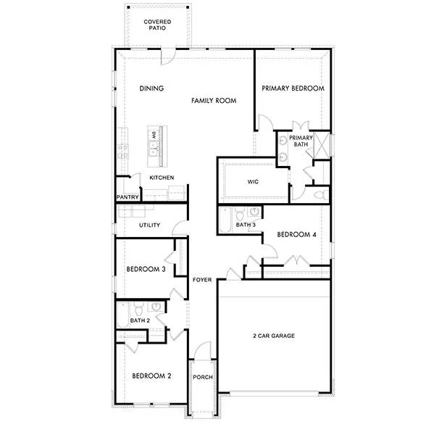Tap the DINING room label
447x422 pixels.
[x=151, y=88]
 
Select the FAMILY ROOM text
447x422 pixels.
[x=214, y=101]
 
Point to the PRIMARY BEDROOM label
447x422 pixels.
[x=292, y=88]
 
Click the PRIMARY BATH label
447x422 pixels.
[x=301, y=141]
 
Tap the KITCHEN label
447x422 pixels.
[x=161, y=178]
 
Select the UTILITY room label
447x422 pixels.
[x=149, y=225]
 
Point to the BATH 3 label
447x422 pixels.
[x=246, y=225]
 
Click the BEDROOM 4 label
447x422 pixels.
[x=296, y=234]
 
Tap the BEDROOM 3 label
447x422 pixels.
[x=146, y=269]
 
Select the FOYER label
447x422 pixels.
[x=201, y=279]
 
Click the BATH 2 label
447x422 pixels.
[x=140, y=320]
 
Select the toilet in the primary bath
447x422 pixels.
[x=319, y=194]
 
